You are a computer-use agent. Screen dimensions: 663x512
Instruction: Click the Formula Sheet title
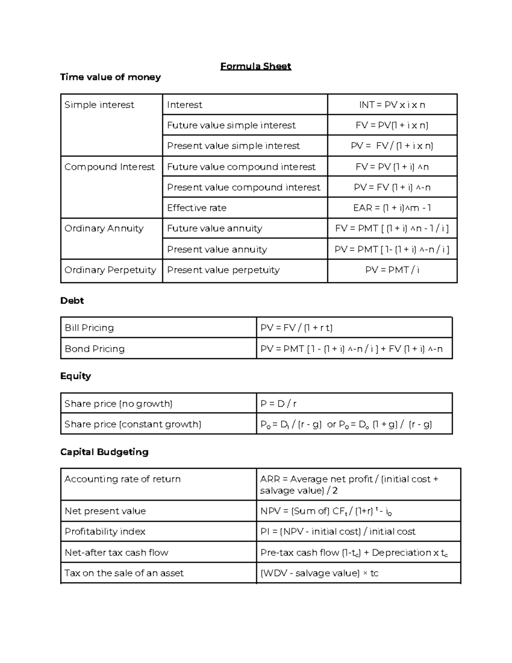256,66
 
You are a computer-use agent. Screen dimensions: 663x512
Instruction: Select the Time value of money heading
111,77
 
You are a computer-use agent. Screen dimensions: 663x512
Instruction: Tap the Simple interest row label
99,105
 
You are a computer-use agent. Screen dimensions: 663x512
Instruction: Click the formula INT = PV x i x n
392,105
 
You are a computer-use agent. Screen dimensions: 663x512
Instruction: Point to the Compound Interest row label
109,167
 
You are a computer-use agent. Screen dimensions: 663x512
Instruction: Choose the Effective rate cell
197,208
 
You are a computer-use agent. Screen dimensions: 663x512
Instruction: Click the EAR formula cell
392,208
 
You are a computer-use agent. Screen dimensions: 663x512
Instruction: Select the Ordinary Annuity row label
104,228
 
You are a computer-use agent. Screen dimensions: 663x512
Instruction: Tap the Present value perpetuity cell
223,270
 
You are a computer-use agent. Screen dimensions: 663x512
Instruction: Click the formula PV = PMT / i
392,270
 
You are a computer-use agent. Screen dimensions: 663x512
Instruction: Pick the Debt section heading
72,301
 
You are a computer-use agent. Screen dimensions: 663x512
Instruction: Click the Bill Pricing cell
89,328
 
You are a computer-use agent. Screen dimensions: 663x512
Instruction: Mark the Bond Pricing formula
351,349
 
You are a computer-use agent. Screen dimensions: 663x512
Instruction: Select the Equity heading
76,376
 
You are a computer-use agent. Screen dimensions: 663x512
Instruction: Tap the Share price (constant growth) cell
133,424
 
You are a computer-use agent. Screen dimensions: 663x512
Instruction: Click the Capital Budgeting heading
104,452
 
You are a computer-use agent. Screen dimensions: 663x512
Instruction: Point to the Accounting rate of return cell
122,479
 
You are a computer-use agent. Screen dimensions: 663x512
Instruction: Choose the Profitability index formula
337,532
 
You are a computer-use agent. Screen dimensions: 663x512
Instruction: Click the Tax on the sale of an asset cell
124,573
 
